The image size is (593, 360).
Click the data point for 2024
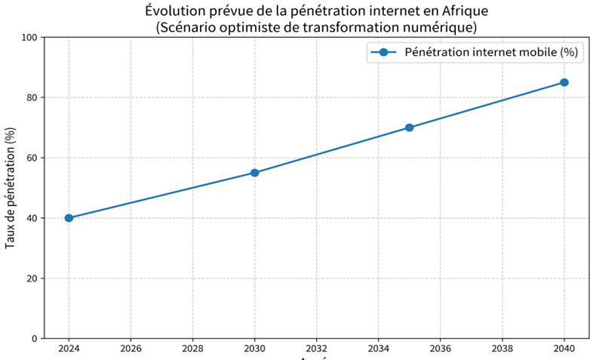(x=69, y=218)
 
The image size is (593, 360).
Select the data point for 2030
(x=254, y=173)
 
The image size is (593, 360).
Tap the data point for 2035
(x=409, y=128)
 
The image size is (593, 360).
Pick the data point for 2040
(x=564, y=82)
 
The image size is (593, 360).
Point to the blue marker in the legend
(x=384, y=53)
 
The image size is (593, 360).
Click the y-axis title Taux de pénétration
(x=11, y=188)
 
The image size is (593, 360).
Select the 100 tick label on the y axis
(x=29, y=37)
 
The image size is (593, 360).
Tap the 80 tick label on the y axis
(x=32, y=97)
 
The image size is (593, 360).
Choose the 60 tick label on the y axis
(x=32, y=158)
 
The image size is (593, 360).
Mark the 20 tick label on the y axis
(x=32, y=278)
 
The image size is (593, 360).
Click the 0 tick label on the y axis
(x=35, y=339)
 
